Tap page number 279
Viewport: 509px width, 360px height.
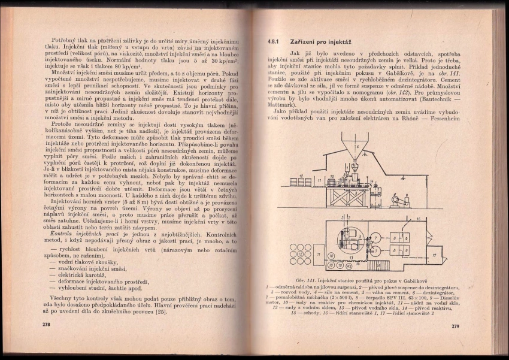(453, 326)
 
